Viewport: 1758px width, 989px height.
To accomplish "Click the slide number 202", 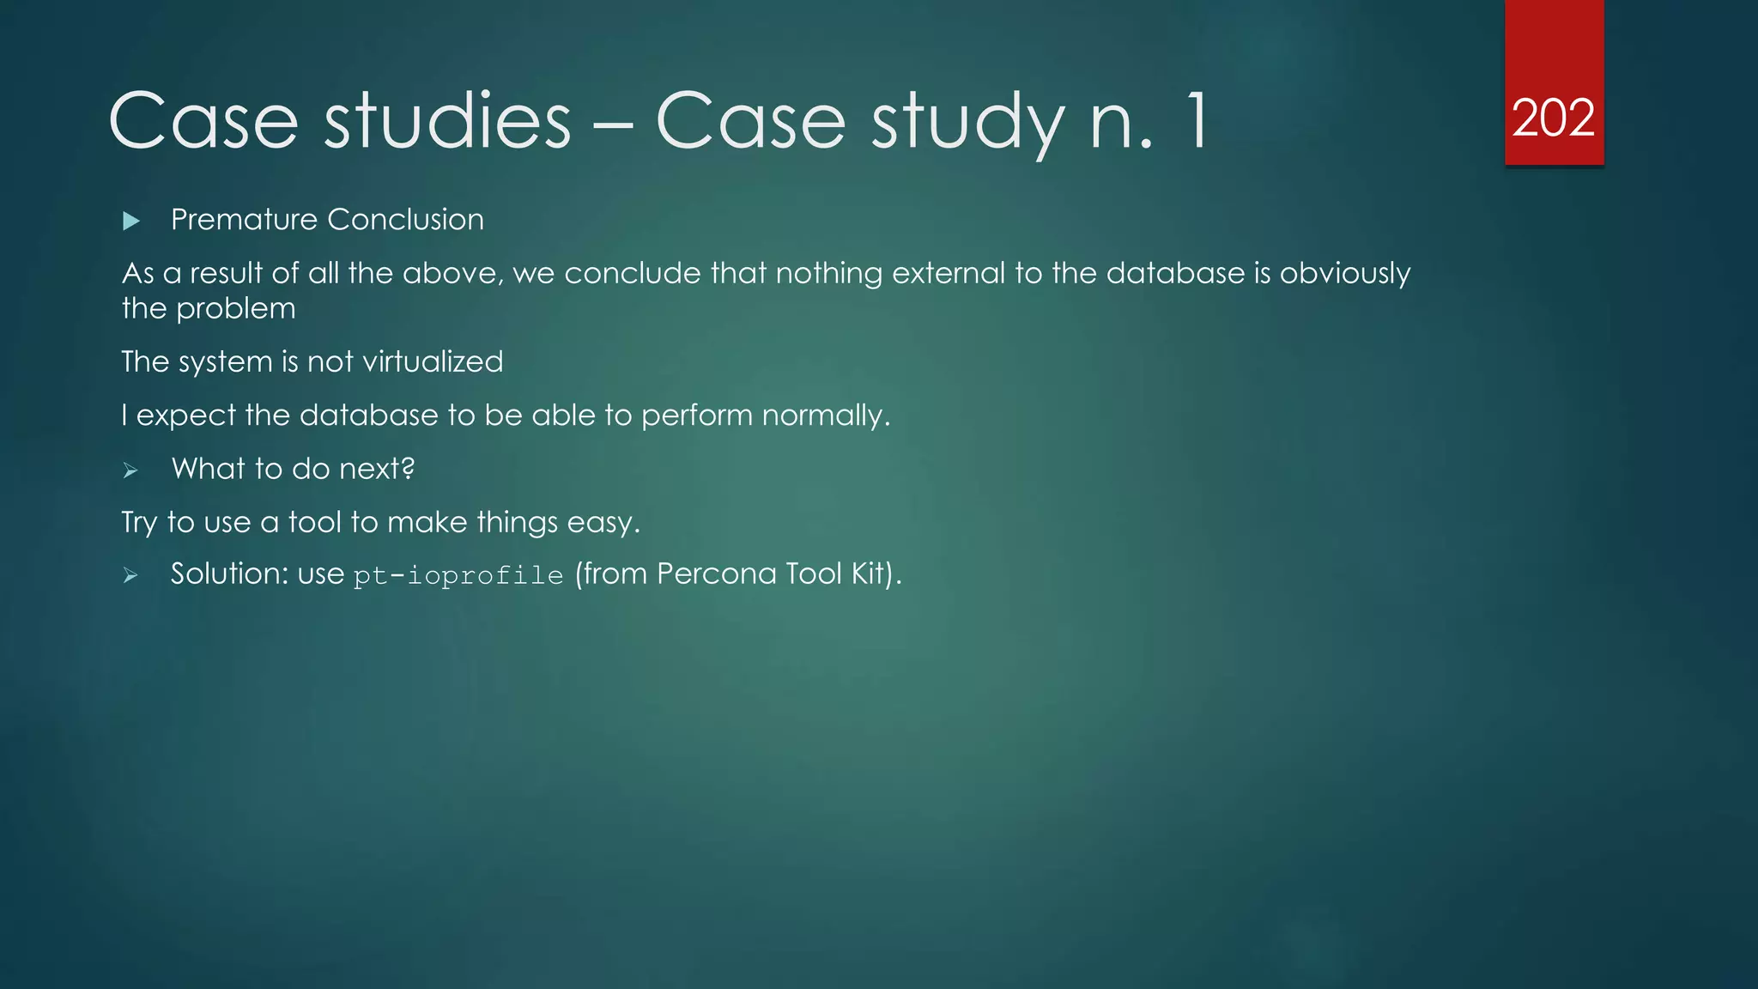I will click(x=1553, y=118).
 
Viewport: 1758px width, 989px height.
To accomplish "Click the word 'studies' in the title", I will click(x=447, y=121).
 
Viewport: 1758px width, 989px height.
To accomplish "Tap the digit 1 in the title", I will click(x=1196, y=121).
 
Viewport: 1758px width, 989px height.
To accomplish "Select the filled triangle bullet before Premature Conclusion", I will click(x=130, y=221).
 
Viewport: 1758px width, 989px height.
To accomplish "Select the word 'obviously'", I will click(x=1344, y=275).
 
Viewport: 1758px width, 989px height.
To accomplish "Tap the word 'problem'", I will click(x=235, y=309).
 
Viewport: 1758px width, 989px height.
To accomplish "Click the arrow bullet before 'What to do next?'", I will click(x=130, y=470).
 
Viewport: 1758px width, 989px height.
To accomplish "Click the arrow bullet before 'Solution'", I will click(x=130, y=576).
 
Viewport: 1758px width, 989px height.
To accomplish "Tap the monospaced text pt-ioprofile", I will click(x=458, y=575).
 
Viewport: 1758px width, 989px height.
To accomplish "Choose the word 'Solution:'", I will click(x=229, y=573).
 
